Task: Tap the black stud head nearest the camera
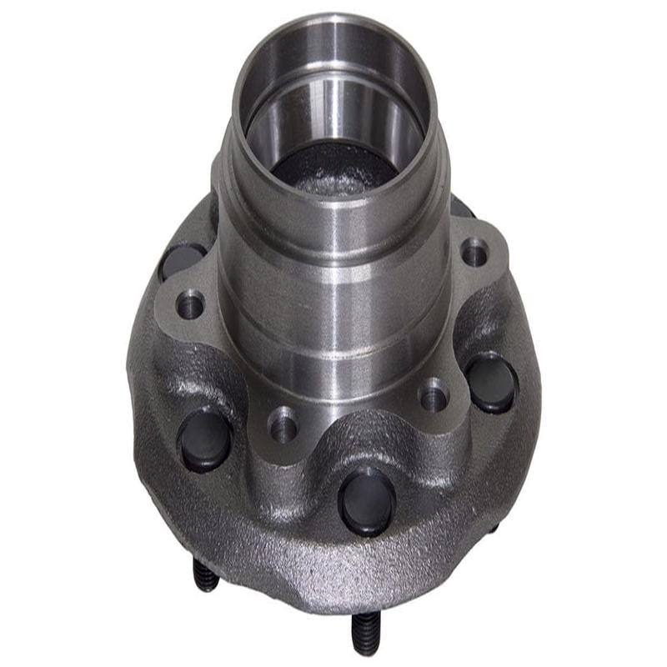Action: (368, 499)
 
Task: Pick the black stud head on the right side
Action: (492, 384)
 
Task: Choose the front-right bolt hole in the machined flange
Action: (434, 396)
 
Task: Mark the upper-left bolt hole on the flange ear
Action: (191, 305)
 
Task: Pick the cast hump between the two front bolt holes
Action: (359, 438)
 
